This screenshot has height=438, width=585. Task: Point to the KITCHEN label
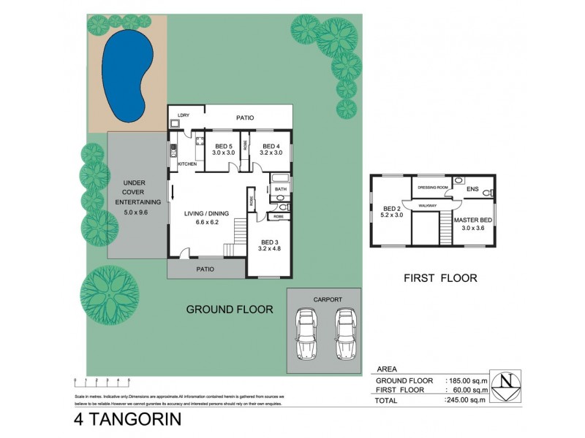pyautogui.click(x=188, y=164)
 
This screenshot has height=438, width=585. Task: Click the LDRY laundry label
pyautogui.click(x=184, y=115)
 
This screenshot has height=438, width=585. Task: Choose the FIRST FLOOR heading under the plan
pyautogui.click(x=440, y=278)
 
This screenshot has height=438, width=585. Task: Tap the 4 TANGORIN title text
pyautogui.click(x=129, y=420)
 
